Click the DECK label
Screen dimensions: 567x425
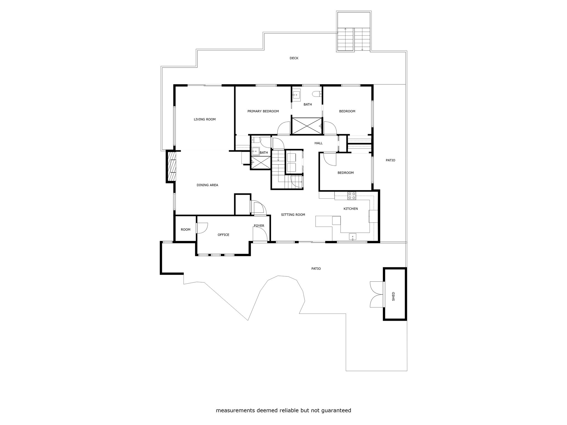[x=294, y=58]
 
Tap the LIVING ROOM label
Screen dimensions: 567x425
[x=205, y=119]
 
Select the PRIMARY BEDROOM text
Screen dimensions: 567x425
[x=263, y=111]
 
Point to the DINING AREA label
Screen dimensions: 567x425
[x=207, y=185]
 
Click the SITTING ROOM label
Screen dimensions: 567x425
[x=293, y=214]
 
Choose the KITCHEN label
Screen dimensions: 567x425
[x=350, y=209]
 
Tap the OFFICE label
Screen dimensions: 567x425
[x=223, y=235]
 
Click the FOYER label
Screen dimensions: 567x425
[x=259, y=226]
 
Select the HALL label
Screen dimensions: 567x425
[x=318, y=143]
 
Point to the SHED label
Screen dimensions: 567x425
[x=393, y=296]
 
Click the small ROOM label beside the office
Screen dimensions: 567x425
[x=185, y=229]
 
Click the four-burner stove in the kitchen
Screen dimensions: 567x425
[x=352, y=196]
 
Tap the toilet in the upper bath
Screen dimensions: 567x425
[x=317, y=94]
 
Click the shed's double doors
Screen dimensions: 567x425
[x=377, y=294]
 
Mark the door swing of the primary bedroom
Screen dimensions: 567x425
[x=284, y=128]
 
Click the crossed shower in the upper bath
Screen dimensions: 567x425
[x=307, y=126]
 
